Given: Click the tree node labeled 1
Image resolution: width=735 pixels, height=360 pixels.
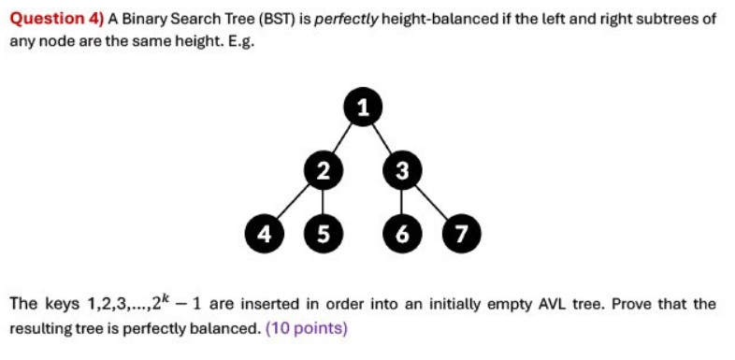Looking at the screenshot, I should point(363,106).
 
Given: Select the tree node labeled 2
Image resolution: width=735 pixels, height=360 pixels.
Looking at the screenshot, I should point(323,170).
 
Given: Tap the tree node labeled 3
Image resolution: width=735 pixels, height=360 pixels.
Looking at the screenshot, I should point(402,170).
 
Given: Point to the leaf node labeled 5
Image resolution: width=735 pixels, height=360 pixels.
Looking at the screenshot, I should point(323,232).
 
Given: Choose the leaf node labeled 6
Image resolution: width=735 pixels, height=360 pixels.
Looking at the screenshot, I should point(402,232).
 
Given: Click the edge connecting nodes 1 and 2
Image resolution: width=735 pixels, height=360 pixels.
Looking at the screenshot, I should point(343,137).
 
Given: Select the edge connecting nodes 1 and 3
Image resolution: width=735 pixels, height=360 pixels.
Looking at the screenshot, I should point(382,137).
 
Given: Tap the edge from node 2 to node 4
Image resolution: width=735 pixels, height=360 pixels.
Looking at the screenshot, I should point(292,201).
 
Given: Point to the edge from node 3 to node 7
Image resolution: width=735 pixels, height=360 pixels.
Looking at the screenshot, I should point(431,201).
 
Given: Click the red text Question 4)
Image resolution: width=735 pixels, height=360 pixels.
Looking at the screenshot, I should point(57,19).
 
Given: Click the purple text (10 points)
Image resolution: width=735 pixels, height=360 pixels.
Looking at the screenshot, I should point(306,329).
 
